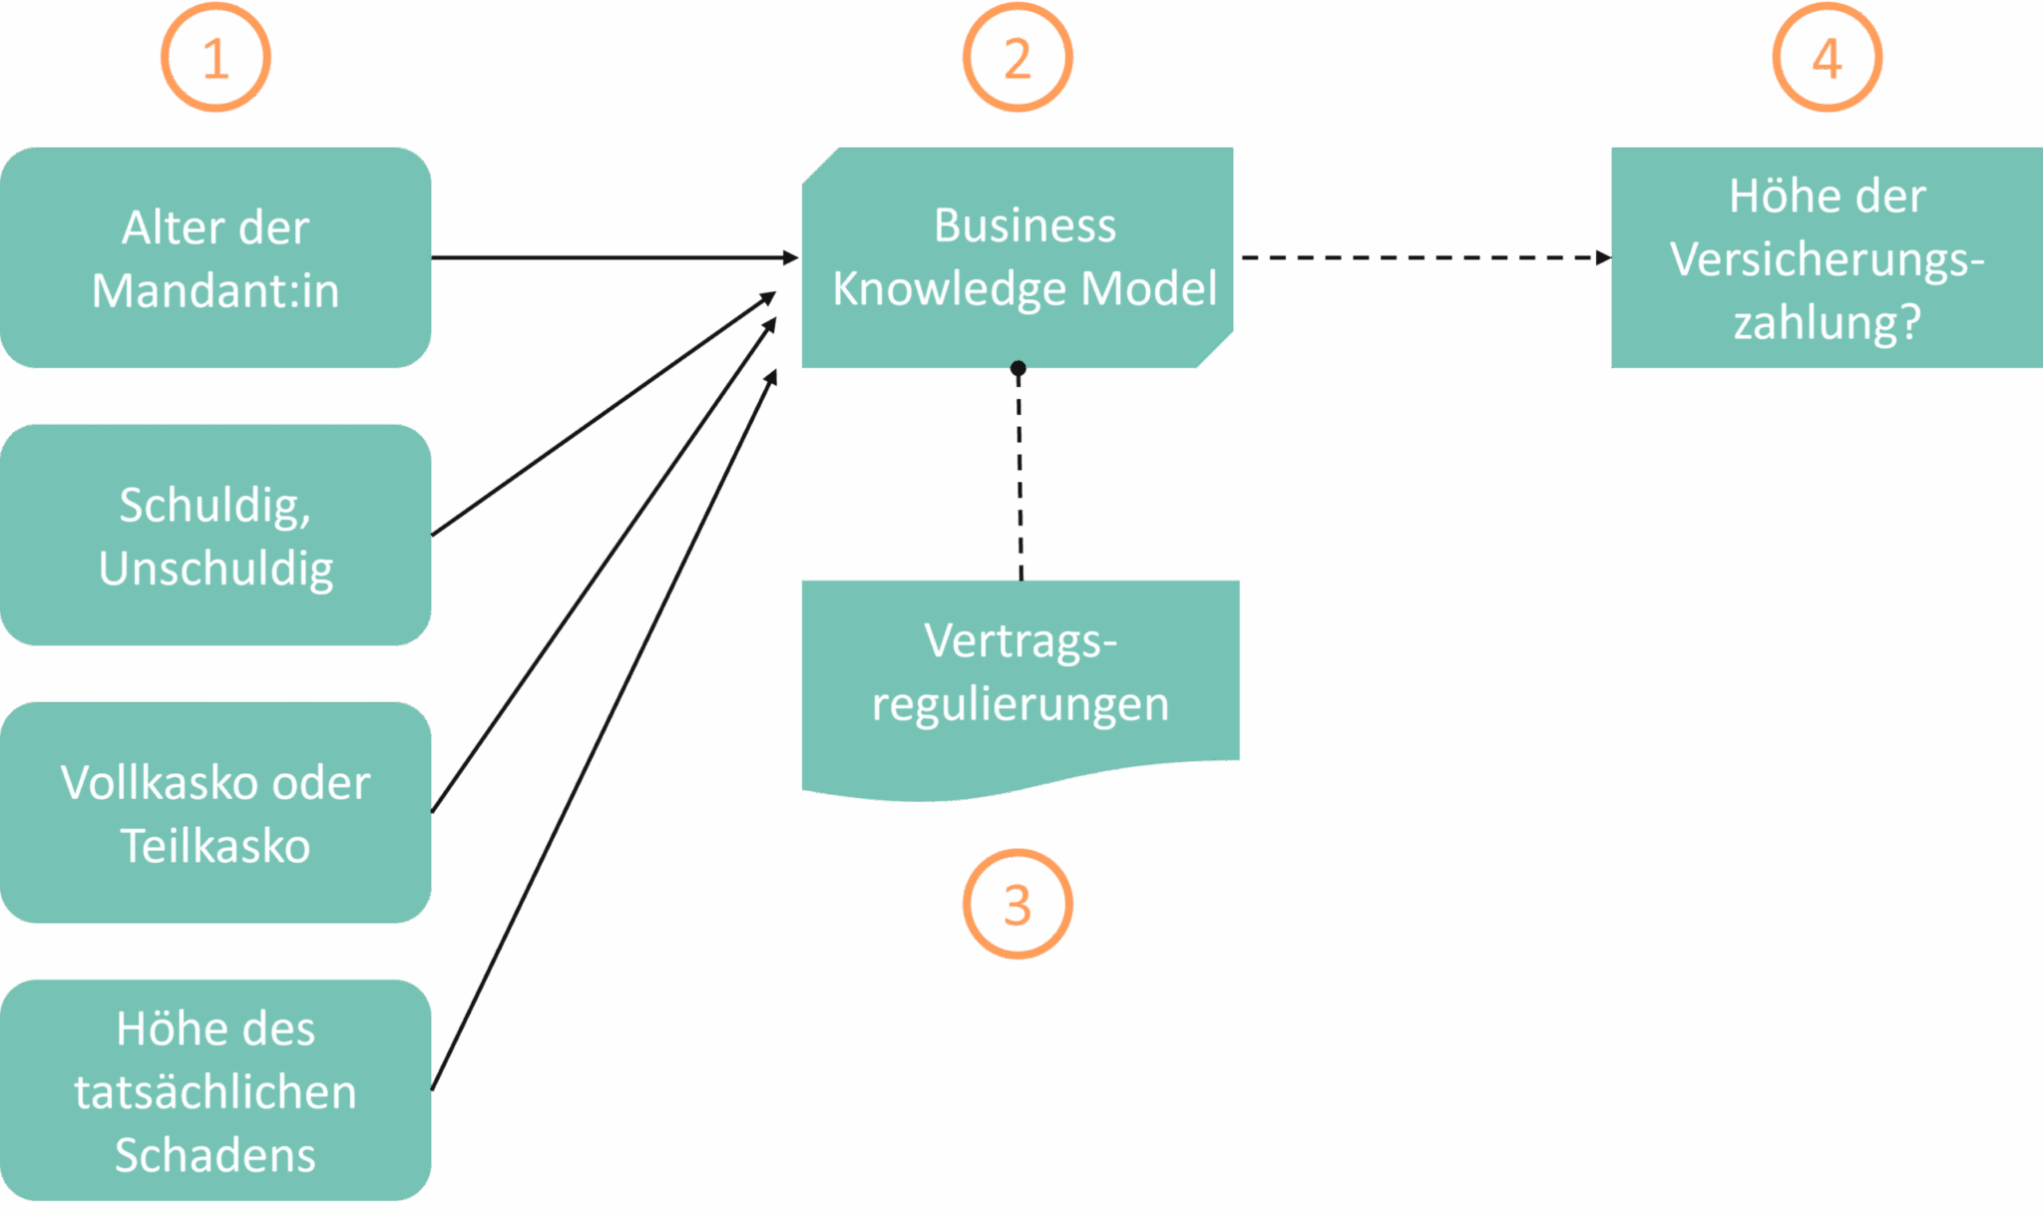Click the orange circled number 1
point(215,58)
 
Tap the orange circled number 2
point(1018,58)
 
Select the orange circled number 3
point(1018,905)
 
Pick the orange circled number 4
point(1827,58)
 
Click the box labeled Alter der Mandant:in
point(215,258)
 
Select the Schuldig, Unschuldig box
point(215,536)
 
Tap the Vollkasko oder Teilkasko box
point(215,813)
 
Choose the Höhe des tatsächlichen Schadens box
point(215,1090)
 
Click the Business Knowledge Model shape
point(1018,258)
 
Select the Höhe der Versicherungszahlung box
point(1827,258)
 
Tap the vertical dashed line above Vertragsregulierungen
point(1020,479)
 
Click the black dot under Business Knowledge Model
point(1018,369)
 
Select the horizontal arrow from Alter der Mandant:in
point(613,257)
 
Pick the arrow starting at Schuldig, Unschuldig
point(604,414)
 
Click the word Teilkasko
point(215,846)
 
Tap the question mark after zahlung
point(1908,322)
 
